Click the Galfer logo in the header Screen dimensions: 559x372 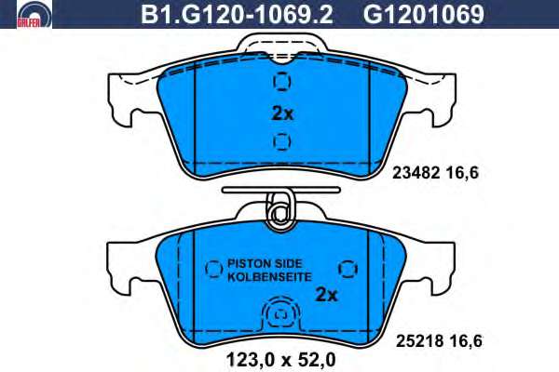click(34, 14)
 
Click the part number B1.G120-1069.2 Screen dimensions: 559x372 click(237, 14)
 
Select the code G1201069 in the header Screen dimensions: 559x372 click(424, 14)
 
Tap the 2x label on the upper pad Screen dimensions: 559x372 click(282, 113)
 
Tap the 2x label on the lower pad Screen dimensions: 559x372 click(326, 295)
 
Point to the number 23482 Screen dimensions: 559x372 click(416, 173)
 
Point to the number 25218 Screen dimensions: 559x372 click(419, 341)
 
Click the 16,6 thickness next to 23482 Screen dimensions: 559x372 click(462, 173)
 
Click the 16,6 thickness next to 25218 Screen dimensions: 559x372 click(466, 341)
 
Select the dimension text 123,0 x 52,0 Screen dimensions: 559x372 click(281, 360)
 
